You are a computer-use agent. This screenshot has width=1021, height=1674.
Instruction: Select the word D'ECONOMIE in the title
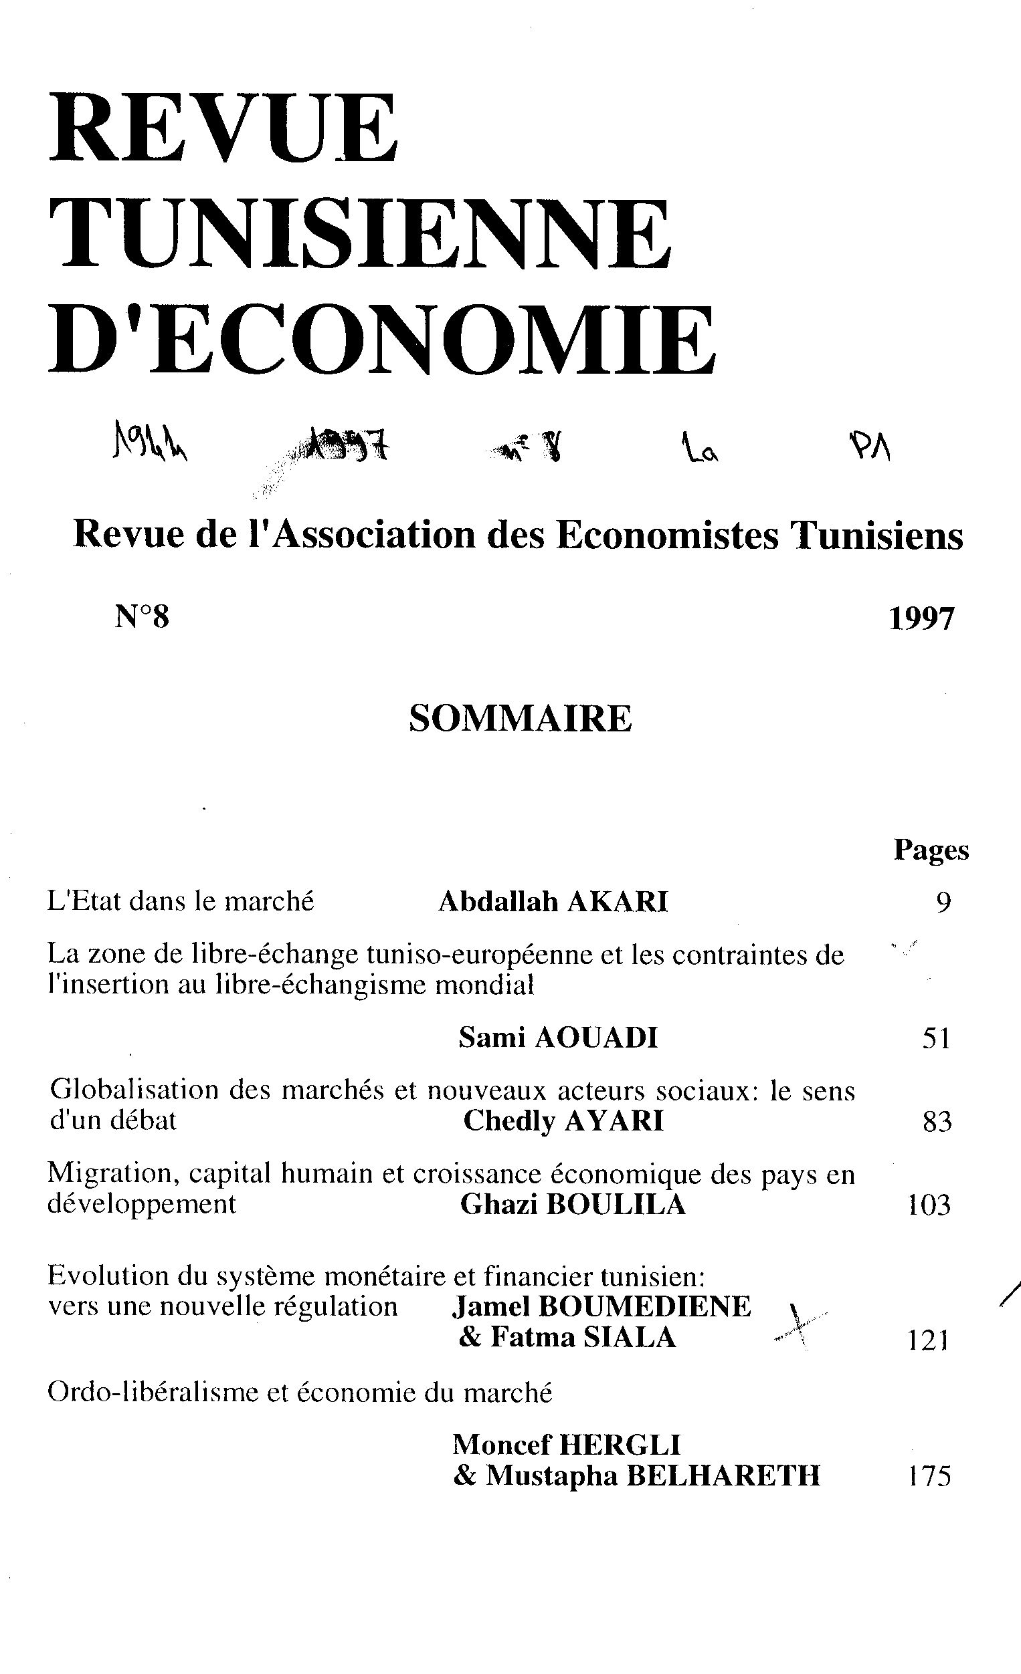381,340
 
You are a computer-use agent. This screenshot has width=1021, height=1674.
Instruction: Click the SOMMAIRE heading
520,719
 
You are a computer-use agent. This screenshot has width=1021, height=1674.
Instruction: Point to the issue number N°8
141,618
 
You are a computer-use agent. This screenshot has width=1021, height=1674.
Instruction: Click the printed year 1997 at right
922,618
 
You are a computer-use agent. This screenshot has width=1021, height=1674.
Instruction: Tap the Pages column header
931,850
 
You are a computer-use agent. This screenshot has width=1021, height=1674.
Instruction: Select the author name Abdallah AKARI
553,902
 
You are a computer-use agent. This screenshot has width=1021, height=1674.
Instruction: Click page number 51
935,1039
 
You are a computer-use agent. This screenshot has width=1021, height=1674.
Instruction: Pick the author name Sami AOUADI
558,1038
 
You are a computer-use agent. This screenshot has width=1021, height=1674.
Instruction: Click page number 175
929,1477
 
